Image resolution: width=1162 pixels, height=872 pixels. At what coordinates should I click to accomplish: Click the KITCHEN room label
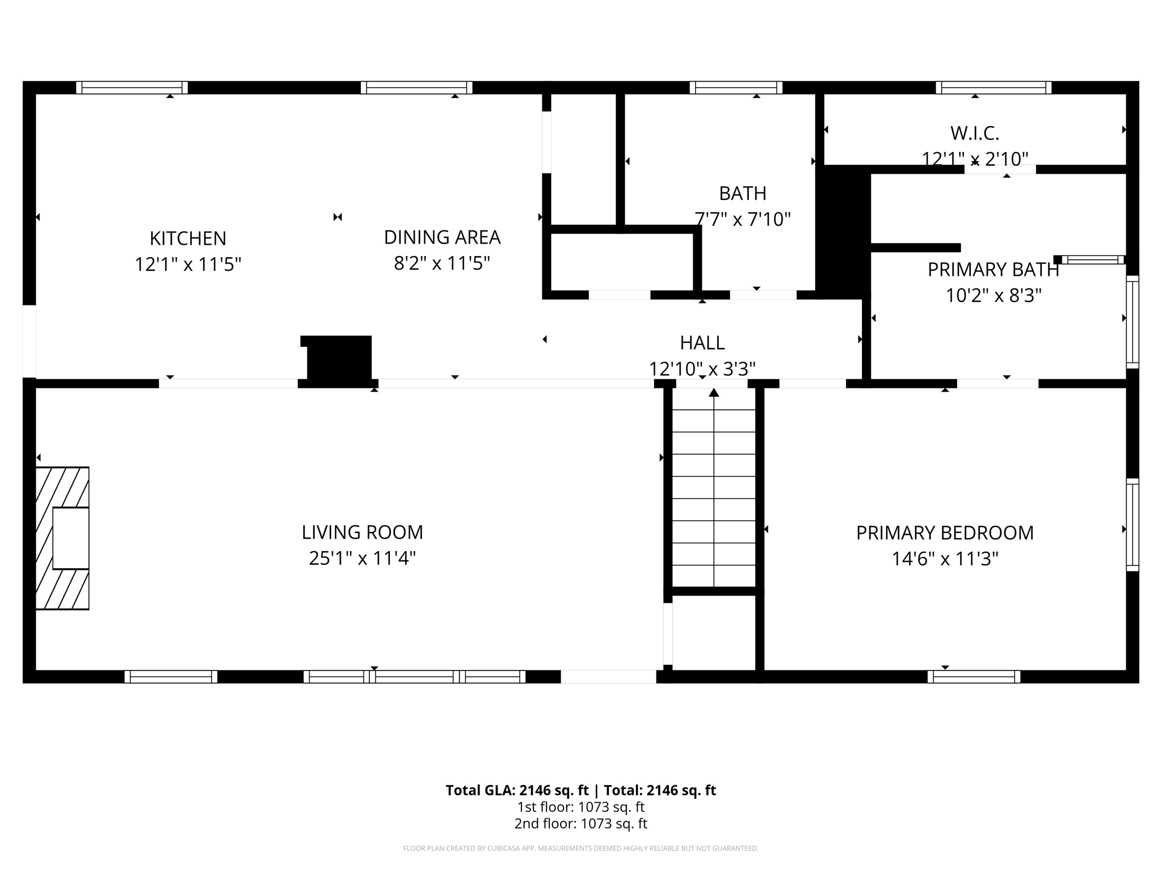188,238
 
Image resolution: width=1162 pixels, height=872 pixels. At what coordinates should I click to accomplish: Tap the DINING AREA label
442,237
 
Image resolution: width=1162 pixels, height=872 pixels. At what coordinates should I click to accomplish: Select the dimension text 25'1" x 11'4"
362,559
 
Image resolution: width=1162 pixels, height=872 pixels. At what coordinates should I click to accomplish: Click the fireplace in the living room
62,538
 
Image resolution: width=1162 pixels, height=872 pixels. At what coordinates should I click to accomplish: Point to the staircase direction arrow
714,392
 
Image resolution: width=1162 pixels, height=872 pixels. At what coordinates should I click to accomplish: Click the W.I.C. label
974,133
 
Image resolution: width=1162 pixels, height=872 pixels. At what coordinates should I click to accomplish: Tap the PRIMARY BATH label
993,270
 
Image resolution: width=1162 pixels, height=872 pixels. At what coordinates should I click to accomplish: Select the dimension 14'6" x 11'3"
945,559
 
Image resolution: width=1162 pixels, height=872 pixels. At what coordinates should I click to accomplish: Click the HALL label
702,343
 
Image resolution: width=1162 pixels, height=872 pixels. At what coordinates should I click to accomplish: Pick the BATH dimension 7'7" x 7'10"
742,219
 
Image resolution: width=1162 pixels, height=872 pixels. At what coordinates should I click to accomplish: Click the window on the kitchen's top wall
132,87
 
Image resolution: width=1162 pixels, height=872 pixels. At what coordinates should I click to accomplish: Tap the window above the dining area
416,87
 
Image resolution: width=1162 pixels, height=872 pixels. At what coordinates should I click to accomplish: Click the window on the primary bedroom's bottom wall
974,677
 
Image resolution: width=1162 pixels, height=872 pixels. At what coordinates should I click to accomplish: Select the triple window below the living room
414,677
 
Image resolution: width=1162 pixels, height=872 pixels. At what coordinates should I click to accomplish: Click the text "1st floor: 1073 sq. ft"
580,807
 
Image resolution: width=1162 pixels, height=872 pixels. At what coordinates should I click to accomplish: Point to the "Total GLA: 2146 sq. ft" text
517,790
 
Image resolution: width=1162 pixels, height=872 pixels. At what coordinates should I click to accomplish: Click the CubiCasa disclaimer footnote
580,849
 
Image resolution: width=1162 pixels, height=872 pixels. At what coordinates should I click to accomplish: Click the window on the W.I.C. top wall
993,87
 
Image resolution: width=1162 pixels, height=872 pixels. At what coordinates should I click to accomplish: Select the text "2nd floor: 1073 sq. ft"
580,824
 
